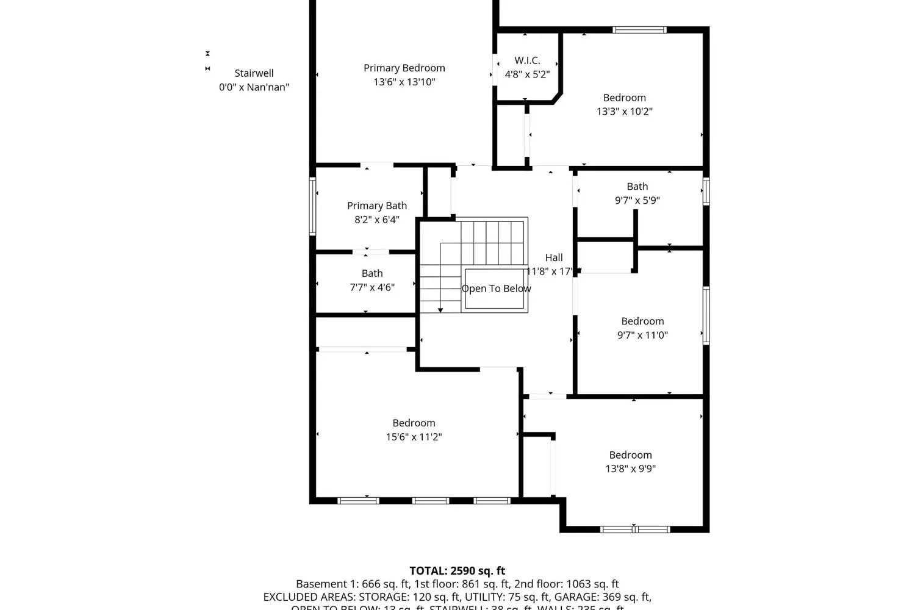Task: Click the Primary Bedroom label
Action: pos(404,68)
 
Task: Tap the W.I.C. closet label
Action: pos(527,60)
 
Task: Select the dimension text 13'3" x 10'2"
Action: pos(624,112)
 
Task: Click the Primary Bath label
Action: pos(376,206)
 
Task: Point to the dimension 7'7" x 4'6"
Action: pos(371,287)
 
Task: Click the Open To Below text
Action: pos(496,289)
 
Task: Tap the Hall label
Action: pos(554,257)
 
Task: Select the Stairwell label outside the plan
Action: pos(254,73)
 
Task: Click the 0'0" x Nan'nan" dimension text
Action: pos(254,87)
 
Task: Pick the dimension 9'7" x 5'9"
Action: pos(637,200)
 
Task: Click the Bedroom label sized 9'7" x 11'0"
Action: pos(642,321)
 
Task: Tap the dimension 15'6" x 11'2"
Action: pos(414,437)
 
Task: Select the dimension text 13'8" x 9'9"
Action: pos(630,468)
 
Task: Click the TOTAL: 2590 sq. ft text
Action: pos(457,571)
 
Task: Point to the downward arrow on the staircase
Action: pos(440,309)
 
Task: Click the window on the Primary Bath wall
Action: pos(312,206)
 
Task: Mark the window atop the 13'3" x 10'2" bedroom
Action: pos(639,29)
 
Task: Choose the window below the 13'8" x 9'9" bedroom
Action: pos(635,529)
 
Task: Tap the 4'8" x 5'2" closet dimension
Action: pos(527,74)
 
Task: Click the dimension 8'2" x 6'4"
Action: pos(376,220)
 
